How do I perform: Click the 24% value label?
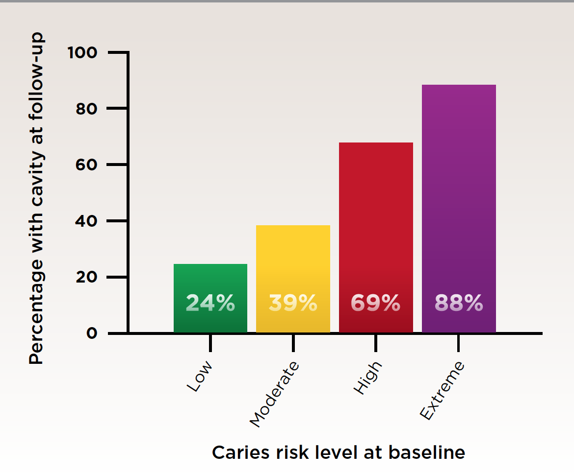tap(210, 304)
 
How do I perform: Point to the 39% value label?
tap(293, 304)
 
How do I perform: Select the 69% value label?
tap(376, 304)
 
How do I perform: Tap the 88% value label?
tap(459, 304)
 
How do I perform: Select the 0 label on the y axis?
tap(91, 333)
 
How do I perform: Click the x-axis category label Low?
tap(200, 376)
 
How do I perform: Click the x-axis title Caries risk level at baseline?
tap(339, 452)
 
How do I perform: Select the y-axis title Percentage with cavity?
tap(36, 198)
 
